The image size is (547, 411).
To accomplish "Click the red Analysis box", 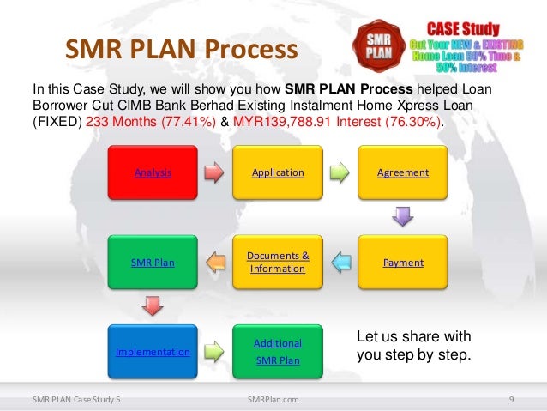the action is click(x=153, y=172).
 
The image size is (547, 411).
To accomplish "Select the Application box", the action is click(x=278, y=172).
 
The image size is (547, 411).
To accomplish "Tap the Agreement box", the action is click(x=403, y=172).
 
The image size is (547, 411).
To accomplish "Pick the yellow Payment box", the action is click(x=403, y=262).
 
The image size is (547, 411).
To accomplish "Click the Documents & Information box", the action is click(x=278, y=262).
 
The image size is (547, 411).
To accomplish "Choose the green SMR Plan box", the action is click(x=153, y=262).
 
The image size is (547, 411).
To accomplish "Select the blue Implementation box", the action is click(x=153, y=352).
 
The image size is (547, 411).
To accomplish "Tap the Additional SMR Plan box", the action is click(x=278, y=352).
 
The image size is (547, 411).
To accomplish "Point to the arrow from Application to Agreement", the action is click(x=340, y=172).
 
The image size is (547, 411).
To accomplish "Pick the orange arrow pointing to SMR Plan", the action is click(x=215, y=262).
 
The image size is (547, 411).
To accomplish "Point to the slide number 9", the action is click(x=511, y=399).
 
